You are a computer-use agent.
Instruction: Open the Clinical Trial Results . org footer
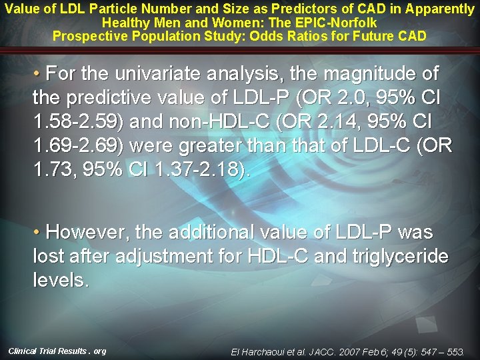pyautogui.click(x=57, y=351)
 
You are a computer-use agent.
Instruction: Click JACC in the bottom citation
pyautogui.click(x=327, y=351)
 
